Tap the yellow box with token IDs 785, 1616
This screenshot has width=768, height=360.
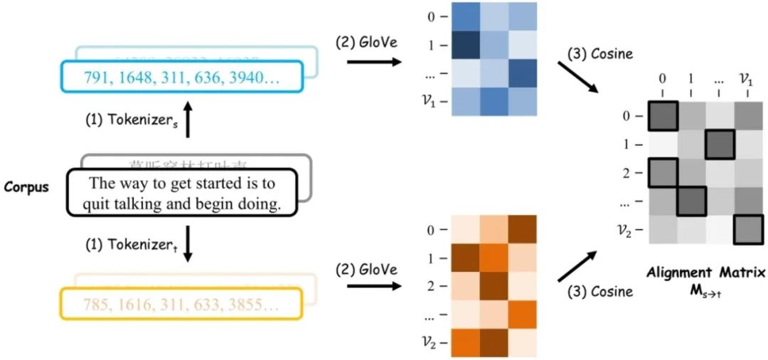(182, 305)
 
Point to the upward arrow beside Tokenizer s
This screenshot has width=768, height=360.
(187, 120)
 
